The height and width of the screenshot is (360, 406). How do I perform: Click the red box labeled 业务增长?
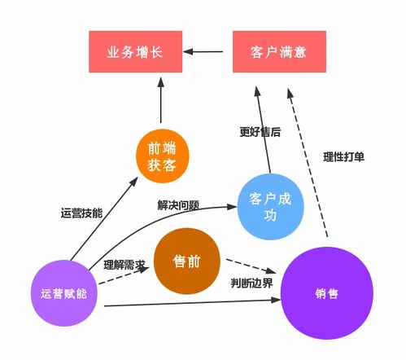135,51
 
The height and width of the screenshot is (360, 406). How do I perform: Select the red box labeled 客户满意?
279,51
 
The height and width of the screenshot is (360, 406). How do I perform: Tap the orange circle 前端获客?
162,156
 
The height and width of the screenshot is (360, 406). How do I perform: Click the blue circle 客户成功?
270,204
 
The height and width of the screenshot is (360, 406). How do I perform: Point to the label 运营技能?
81,213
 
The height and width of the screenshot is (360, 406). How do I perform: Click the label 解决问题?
178,204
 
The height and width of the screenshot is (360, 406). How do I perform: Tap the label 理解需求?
124,265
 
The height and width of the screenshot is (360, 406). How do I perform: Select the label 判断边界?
252,283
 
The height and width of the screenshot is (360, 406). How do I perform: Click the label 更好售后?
260,131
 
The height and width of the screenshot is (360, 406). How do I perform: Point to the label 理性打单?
343,156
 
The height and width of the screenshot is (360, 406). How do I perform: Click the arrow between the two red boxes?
207,52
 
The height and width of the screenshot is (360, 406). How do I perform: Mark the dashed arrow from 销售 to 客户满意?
309,163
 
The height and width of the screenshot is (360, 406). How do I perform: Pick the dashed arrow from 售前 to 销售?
251,267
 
